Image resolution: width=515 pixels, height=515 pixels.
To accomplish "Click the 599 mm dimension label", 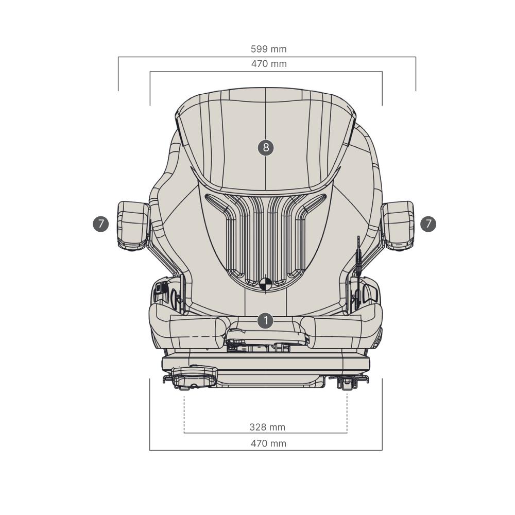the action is pyautogui.click(x=269, y=49).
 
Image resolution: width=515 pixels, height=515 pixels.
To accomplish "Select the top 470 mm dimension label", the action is pyautogui.click(x=269, y=64).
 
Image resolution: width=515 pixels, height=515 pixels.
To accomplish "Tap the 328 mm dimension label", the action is pyautogui.click(x=267, y=427).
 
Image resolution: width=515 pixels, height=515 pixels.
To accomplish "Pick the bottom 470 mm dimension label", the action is pyautogui.click(x=269, y=443).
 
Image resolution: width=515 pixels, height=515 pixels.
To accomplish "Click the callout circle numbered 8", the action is pyautogui.click(x=266, y=147).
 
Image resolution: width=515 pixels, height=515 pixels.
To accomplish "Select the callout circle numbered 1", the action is pyautogui.click(x=265, y=320).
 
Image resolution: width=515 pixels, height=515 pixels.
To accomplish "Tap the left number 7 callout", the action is pyautogui.click(x=101, y=224).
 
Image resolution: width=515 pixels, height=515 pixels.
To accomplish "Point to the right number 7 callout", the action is pyautogui.click(x=428, y=224).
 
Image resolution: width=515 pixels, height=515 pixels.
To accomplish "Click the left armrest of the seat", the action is pyautogui.click(x=133, y=226).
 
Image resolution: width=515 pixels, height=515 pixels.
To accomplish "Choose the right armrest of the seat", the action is pyautogui.click(x=398, y=226).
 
